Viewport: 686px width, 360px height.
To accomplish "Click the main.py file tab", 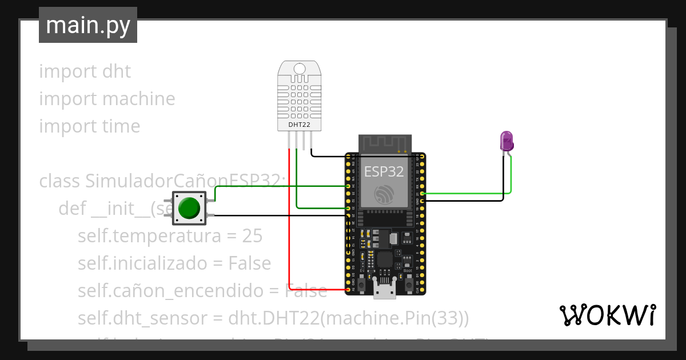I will (x=87, y=25).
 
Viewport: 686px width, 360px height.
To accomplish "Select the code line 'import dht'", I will (x=85, y=71).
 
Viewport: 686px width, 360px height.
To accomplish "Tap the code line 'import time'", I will (x=89, y=126).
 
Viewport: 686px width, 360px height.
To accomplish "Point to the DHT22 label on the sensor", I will (x=299, y=124).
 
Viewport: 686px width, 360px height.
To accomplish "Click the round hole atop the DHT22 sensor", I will (x=299, y=69).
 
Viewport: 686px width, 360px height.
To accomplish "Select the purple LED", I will (x=506, y=141).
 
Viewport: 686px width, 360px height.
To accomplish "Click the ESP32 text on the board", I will (x=384, y=171).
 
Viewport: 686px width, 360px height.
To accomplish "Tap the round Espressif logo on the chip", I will (x=385, y=194).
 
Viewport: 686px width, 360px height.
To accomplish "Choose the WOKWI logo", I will (x=607, y=315).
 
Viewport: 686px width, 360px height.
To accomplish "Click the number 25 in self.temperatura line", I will (x=252, y=236).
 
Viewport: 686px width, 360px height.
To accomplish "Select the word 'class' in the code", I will (x=60, y=181).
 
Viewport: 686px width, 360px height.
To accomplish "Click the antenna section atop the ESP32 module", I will (x=385, y=144).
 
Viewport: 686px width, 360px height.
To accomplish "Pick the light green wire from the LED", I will (x=510, y=177).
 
